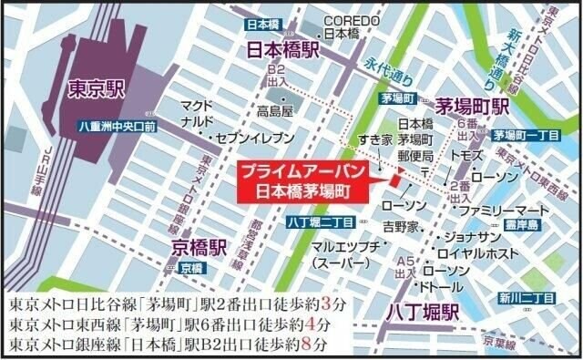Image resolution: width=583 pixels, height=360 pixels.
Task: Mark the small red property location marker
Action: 394,180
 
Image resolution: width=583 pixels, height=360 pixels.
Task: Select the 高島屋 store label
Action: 275,112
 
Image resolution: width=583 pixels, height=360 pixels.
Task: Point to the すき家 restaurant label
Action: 373,143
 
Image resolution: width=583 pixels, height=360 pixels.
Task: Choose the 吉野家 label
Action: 400,225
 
